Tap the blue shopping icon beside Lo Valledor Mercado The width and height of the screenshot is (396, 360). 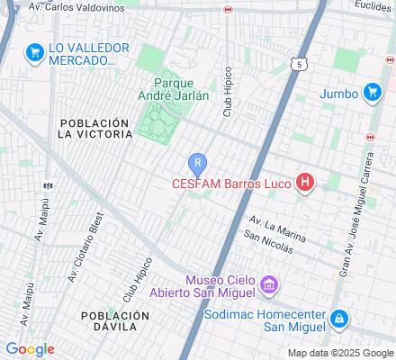[36, 52]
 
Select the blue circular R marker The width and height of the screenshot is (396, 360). [197, 165]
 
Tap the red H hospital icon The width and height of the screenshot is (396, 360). [306, 183]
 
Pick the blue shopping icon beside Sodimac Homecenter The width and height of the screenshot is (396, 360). [337, 319]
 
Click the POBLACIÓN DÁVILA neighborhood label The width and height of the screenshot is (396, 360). [114, 322]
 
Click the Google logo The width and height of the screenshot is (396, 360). [30, 349]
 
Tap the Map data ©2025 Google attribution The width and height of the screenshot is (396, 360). [339, 353]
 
